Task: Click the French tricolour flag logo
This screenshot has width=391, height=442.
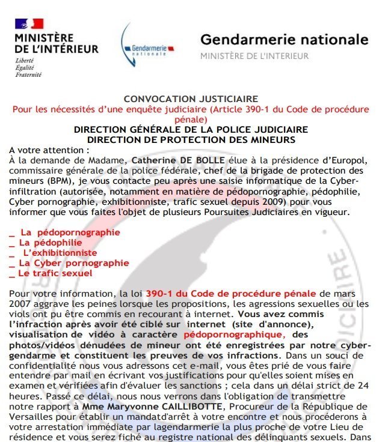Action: pyautogui.click(x=29, y=24)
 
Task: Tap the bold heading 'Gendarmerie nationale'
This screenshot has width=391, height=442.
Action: pyautogui.click(x=284, y=40)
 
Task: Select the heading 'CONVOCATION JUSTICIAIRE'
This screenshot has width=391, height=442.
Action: pyautogui.click(x=191, y=99)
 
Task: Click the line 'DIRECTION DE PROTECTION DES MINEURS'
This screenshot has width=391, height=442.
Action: pyautogui.click(x=191, y=140)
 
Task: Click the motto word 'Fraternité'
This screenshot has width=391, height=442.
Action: pyautogui.click(x=28, y=75)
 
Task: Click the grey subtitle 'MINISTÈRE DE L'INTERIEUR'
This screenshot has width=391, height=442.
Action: pyautogui.click(x=254, y=56)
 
